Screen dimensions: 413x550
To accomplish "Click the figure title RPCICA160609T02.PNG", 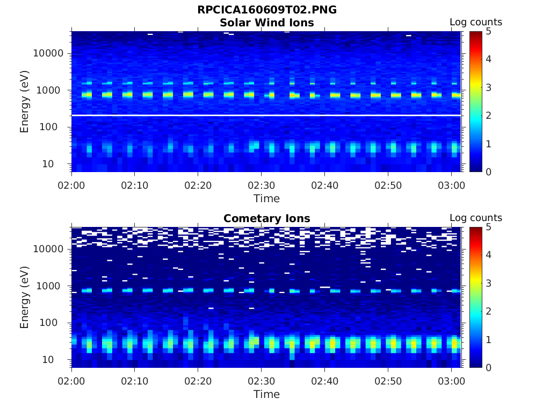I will click(266, 10).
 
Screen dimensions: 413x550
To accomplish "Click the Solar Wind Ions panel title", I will click(266, 23).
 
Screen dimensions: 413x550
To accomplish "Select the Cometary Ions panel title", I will click(266, 218).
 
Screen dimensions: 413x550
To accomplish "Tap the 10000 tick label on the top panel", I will click(48, 53).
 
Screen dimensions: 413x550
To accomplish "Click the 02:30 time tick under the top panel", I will click(261, 186).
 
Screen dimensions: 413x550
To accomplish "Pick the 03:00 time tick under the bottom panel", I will click(451, 381).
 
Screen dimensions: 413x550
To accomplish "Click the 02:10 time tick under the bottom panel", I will click(134, 381).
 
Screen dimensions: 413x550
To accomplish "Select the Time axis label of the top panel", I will click(266, 198).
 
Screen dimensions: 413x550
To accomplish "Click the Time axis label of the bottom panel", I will click(266, 394).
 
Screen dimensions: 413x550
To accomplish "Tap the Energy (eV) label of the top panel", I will click(25, 102).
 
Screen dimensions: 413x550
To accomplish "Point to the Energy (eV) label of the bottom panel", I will click(25, 297).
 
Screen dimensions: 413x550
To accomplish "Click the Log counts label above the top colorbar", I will click(475, 22).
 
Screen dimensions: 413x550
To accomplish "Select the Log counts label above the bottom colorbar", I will click(475, 218).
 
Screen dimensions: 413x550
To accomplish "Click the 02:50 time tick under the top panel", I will click(388, 186).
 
